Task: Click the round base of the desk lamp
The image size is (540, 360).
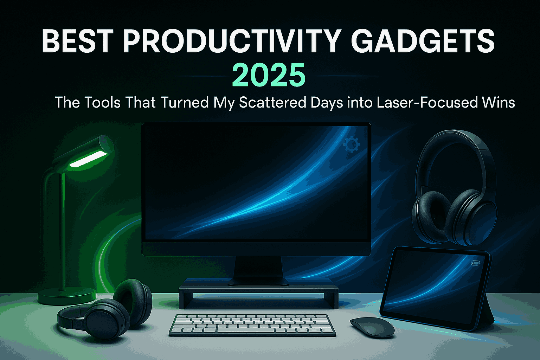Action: pos(67,296)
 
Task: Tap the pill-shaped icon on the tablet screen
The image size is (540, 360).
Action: pos(475,263)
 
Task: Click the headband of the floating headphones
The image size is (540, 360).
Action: pos(454,139)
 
